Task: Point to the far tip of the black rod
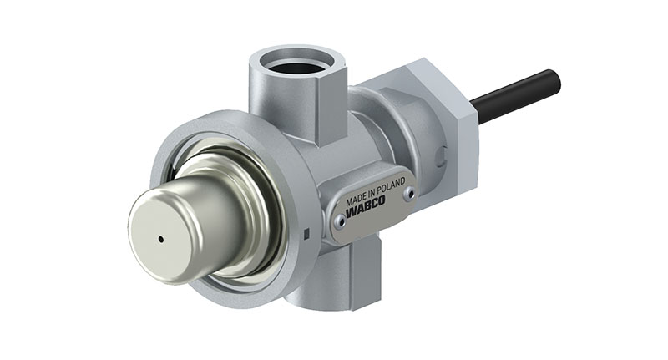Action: coord(554,77)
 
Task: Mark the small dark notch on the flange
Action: coord(308,233)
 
